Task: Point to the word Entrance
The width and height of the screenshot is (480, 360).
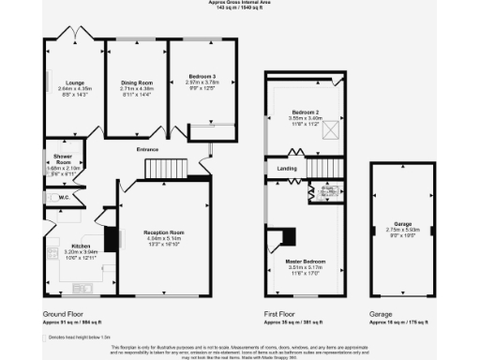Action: pos(148,148)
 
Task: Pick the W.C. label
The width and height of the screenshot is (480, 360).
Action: pos(65,198)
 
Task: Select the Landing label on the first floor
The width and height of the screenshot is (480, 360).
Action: pos(287,168)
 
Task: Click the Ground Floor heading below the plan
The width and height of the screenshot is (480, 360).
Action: pos(65,314)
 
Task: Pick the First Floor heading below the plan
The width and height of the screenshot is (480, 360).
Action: pos(286,314)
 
